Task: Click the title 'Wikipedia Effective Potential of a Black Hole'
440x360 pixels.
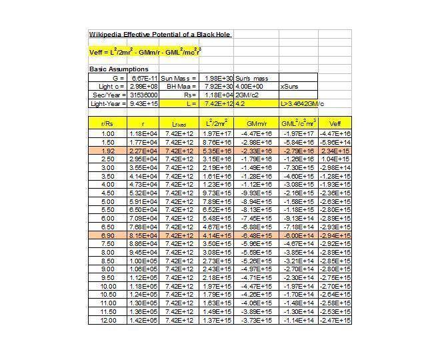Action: point(160,34)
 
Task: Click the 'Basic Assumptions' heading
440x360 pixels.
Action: point(119,69)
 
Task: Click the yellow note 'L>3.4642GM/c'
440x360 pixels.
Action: point(301,103)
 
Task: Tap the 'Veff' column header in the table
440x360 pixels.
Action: point(335,123)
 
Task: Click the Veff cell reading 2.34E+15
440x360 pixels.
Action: point(335,151)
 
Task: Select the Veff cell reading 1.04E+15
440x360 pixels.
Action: point(335,159)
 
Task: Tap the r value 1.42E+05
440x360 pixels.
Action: point(143,321)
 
